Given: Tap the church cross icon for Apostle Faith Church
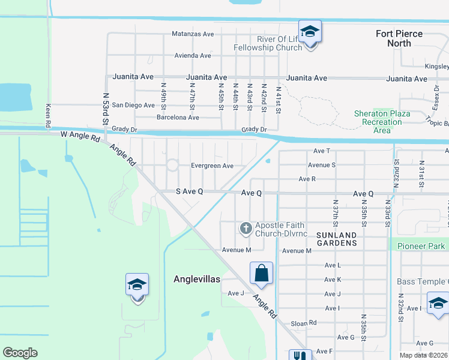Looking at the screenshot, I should point(245,228).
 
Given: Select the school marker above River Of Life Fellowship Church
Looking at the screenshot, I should point(310,32).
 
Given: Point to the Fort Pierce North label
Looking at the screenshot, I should point(399,38).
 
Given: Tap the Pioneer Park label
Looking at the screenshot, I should point(421,246).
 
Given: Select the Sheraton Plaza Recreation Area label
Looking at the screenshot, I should point(382,122).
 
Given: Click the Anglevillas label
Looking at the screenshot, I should point(197,279).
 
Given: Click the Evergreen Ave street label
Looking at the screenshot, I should point(212,166).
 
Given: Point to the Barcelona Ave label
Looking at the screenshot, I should point(178,117).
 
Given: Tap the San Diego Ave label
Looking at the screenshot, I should point(134,105).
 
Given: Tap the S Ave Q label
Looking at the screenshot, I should point(189,192).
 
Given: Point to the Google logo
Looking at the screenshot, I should point(20,353).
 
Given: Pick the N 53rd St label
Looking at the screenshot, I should point(106,108).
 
